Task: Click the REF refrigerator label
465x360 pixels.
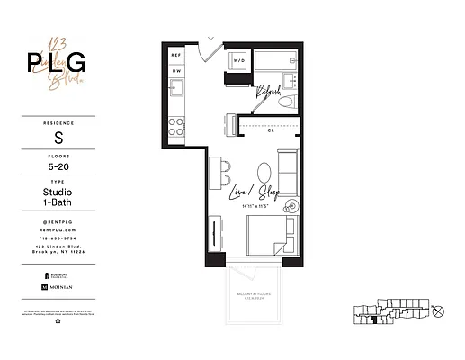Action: coord(176,56)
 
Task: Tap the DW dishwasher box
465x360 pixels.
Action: coord(176,71)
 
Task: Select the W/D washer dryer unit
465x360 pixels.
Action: coord(239,61)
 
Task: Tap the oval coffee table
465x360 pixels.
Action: coord(262,172)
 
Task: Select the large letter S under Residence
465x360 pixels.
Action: coord(58,138)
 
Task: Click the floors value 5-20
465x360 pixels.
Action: coord(58,166)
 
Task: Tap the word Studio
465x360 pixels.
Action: coord(58,193)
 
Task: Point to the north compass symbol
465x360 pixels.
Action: coord(438,312)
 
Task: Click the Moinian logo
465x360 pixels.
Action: coord(58,286)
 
